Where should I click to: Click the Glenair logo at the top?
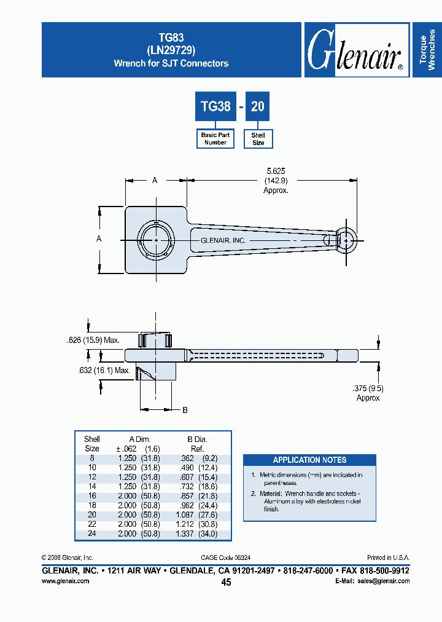point(355,50)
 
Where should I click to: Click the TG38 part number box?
point(215,106)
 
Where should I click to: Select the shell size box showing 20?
point(258,106)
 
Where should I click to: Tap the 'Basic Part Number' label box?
point(215,138)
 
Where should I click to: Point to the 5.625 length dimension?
point(276,171)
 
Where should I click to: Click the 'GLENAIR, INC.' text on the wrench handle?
point(223,240)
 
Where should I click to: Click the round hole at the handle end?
point(347,240)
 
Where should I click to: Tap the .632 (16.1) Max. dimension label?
point(104,371)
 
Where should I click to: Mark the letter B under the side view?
point(185,409)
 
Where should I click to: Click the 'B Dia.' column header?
point(197,439)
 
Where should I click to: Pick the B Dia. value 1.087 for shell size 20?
point(184,515)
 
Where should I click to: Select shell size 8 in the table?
point(92,458)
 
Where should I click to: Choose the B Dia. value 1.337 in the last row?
point(184,534)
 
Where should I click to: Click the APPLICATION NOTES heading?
point(309,460)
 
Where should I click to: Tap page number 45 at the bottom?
point(226,582)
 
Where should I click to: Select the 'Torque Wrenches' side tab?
point(427,50)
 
